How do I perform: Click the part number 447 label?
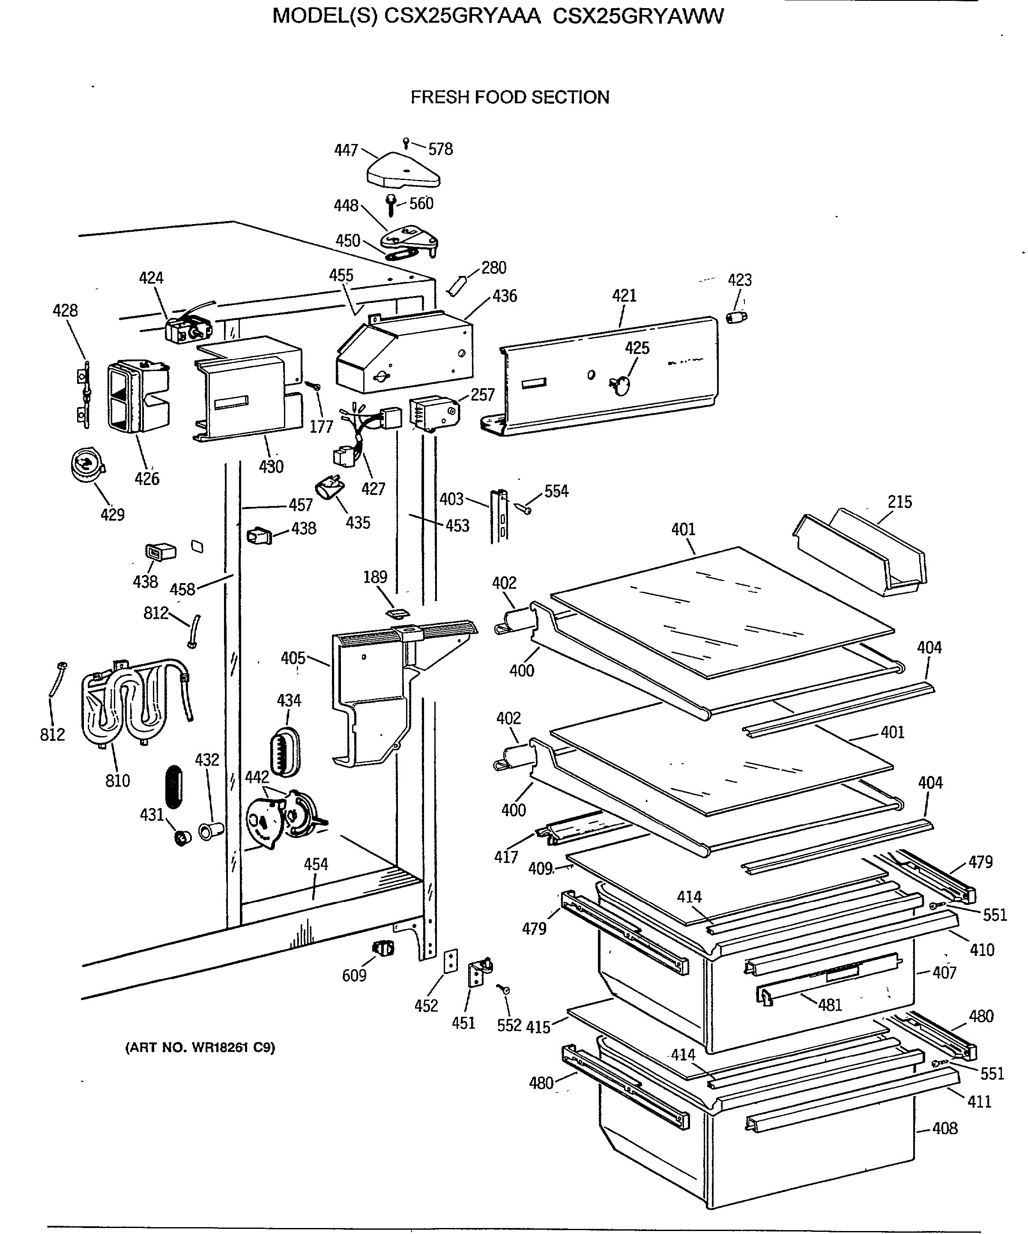point(346,150)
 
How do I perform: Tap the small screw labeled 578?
point(405,143)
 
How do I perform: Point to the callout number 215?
point(899,503)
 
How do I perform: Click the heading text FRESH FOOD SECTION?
point(510,97)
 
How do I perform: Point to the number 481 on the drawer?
point(830,1005)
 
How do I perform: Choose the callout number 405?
point(293,658)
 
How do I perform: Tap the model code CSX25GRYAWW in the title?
point(639,16)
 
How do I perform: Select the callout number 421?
point(625,296)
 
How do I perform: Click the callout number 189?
point(375,577)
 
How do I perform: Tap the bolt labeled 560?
point(391,205)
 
